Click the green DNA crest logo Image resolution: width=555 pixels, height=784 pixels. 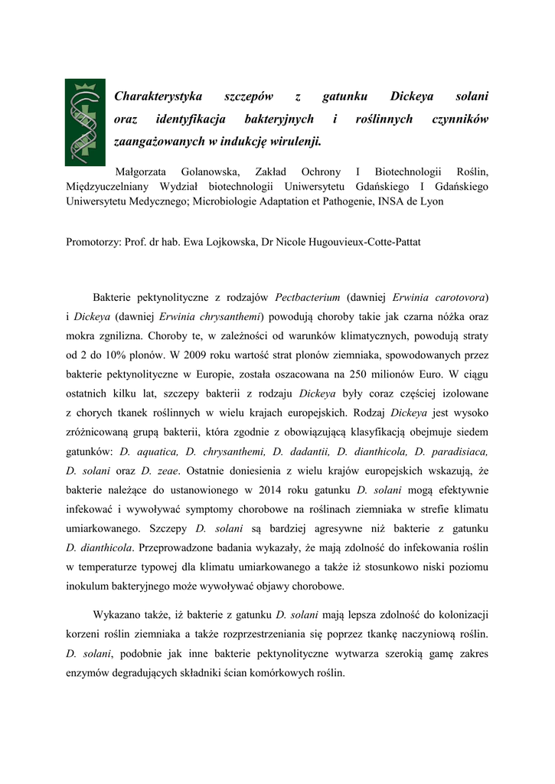click(x=84, y=122)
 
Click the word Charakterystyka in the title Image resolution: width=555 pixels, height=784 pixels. click(x=158, y=96)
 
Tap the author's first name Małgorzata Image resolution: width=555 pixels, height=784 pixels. click(x=141, y=171)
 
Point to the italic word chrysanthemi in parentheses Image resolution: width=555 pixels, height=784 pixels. click(x=232, y=315)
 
